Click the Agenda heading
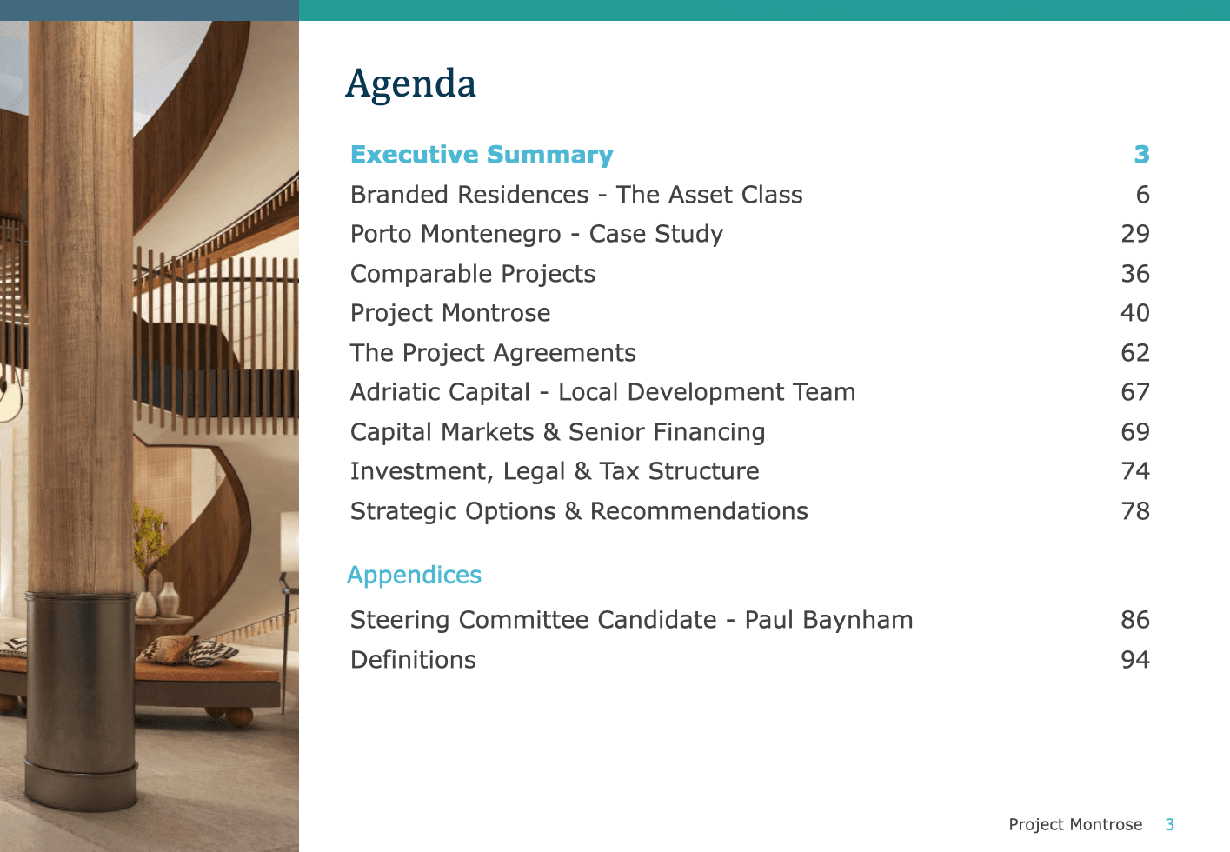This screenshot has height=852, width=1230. point(410,84)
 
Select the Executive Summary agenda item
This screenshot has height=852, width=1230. point(482,155)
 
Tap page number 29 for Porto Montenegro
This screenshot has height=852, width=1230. point(1135,234)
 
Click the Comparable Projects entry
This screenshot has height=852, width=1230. point(473,274)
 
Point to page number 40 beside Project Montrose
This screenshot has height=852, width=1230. point(1135,313)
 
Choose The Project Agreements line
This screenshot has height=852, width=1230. point(493,353)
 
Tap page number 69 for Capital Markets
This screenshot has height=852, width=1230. point(1135,432)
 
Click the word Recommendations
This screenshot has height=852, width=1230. point(699,511)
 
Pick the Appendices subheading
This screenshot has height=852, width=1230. point(414,576)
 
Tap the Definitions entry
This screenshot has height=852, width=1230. point(413,660)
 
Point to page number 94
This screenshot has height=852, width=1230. point(1135,660)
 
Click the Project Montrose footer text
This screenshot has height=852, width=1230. point(1075,824)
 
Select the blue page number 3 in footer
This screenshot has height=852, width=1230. point(1170,824)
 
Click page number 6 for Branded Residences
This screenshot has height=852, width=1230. point(1143,195)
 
